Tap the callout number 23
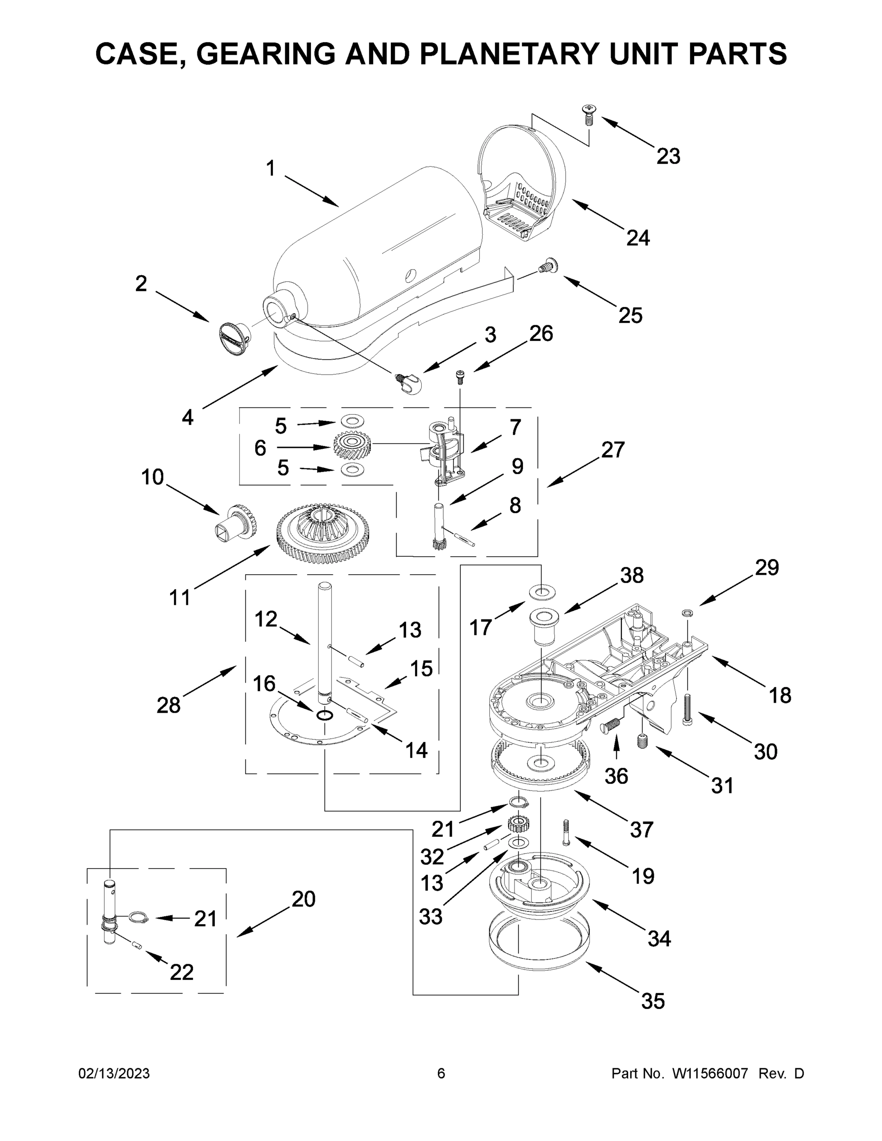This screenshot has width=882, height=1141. pos(669,156)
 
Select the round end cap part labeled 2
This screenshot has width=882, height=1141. pos(233,338)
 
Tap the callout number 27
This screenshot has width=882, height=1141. pos(612,449)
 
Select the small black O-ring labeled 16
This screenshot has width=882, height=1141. pos(324,714)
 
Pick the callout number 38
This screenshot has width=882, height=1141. pos(632,575)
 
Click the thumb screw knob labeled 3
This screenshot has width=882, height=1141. pos(410,384)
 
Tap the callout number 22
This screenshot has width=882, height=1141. pos(181,972)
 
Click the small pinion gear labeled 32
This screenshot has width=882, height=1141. pos(519,825)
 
